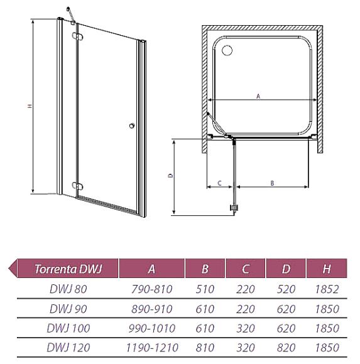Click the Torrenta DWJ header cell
[x=68, y=269]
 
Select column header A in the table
[x=152, y=269]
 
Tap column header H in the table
[x=327, y=269]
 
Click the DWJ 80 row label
[x=68, y=289]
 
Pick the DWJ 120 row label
[x=68, y=348]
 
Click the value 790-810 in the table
[x=152, y=289]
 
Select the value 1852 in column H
[x=327, y=289]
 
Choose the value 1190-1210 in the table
[x=152, y=348]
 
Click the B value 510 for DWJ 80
[x=205, y=289]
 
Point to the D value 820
[x=286, y=348]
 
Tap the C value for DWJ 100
[x=246, y=328]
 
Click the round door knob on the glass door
[x=132, y=126]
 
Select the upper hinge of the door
[x=78, y=36]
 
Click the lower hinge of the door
[x=78, y=186]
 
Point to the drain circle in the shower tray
[x=227, y=50]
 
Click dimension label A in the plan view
[x=258, y=96]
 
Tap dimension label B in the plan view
[x=273, y=183]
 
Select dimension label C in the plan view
[x=220, y=183]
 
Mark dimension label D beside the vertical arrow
[x=171, y=176]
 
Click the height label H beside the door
[x=30, y=106]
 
